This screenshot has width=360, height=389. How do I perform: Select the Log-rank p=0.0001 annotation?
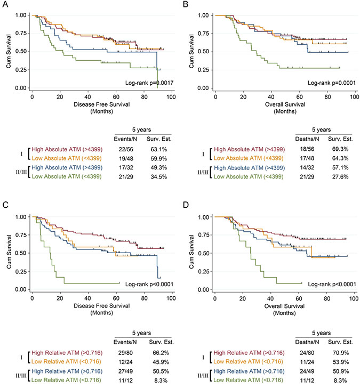331,84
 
